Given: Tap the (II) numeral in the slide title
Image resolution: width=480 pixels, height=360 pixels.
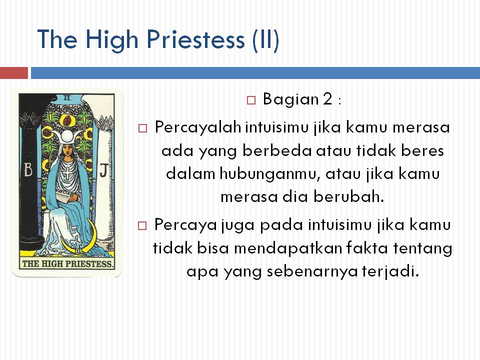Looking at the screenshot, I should click(265, 39).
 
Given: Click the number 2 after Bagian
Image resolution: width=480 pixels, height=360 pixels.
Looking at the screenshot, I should click(327, 99).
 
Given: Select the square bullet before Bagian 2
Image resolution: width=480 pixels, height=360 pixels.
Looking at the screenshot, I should click(251, 100).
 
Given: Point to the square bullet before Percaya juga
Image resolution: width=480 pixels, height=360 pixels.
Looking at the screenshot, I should click(143, 225).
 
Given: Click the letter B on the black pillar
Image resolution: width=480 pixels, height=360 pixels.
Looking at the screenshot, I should click(28, 170).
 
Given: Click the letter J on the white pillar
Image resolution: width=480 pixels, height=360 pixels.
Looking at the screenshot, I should click(102, 170).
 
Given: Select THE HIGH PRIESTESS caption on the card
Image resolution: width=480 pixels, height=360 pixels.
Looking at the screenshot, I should click(66, 264).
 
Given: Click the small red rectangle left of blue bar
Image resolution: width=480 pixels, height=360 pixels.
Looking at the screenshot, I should click(14, 73).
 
